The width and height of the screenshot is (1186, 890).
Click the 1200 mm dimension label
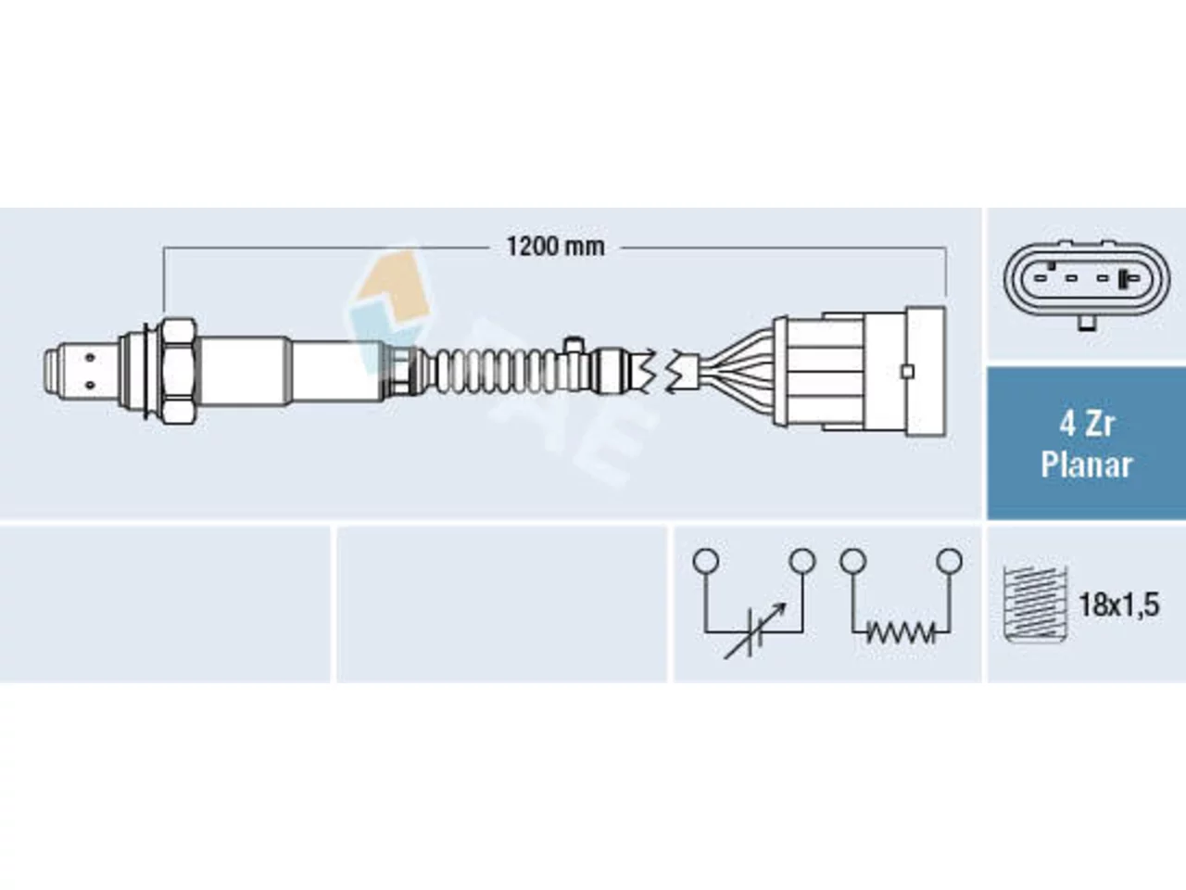pos(555,247)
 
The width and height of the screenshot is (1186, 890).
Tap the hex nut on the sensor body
pos(178,370)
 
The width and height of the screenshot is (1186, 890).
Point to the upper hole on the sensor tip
pos(90,358)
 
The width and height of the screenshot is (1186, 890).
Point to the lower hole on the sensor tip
pos(90,386)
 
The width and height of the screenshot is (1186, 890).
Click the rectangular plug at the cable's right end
pos(859,372)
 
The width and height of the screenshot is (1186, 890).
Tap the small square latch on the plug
pos(908,372)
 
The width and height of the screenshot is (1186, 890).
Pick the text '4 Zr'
pos(1086,425)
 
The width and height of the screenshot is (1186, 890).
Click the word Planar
pos(1086,464)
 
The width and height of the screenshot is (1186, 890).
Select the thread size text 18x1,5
pos(1119,605)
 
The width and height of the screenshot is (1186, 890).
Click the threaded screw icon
pos(1035,604)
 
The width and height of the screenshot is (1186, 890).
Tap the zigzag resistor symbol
pos(901,633)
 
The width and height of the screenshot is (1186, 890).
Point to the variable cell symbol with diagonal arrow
pos(753,631)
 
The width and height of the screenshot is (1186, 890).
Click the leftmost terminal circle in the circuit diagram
pos(706,560)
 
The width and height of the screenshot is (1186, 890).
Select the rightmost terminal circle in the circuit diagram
pos(950,560)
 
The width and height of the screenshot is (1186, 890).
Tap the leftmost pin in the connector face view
pos(1041,279)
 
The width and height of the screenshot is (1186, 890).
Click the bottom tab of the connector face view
pos(1087,324)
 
